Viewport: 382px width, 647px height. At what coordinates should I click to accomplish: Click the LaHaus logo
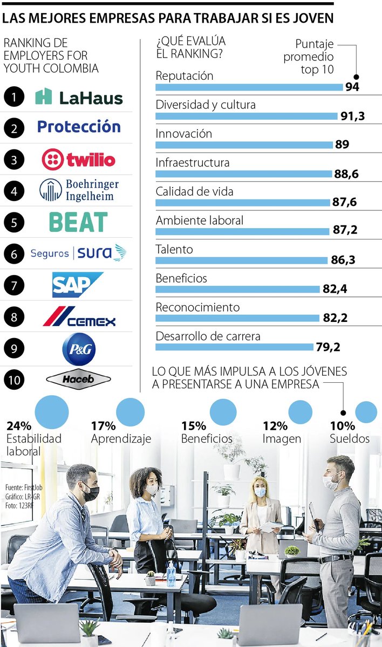click(79, 97)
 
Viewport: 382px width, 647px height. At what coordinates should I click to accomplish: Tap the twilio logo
click(79, 159)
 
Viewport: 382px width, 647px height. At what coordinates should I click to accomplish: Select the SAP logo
click(77, 284)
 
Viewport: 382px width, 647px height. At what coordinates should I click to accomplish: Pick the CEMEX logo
click(79, 316)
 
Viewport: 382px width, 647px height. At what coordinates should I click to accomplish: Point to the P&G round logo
click(79, 349)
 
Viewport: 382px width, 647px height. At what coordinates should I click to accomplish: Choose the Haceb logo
click(79, 379)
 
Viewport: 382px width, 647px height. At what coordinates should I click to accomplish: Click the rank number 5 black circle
click(13, 222)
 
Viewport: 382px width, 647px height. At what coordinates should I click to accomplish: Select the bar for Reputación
click(249, 87)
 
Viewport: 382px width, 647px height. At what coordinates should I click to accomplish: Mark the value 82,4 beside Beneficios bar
click(335, 289)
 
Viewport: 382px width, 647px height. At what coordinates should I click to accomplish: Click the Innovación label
click(183, 133)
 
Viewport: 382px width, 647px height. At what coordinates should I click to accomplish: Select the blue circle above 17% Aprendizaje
click(130, 412)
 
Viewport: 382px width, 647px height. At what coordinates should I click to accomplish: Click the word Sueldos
click(350, 438)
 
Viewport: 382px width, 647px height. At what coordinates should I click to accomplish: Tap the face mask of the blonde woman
click(260, 492)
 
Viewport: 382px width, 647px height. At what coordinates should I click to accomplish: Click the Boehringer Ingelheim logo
click(79, 190)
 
